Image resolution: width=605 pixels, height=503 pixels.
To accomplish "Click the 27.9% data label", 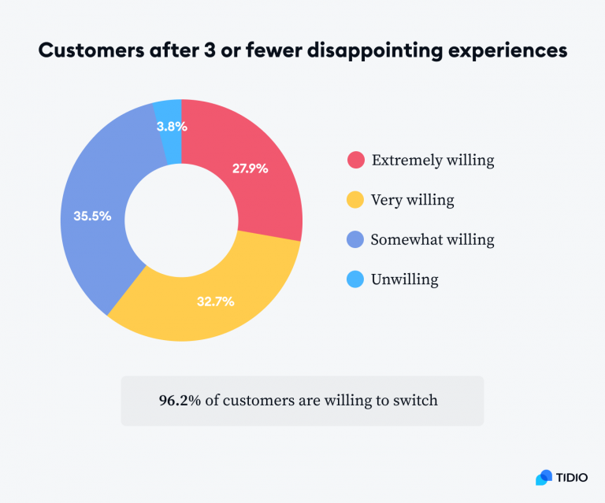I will tap(250, 168).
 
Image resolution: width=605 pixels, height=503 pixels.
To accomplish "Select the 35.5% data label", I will tap(93, 214).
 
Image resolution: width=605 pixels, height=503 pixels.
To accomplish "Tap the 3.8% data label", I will tap(171, 125).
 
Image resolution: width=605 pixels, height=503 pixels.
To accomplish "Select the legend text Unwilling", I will tap(404, 279).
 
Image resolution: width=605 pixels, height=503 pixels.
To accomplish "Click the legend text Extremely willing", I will tap(432, 161).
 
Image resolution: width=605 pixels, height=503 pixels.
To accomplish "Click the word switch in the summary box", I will tap(416, 400).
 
